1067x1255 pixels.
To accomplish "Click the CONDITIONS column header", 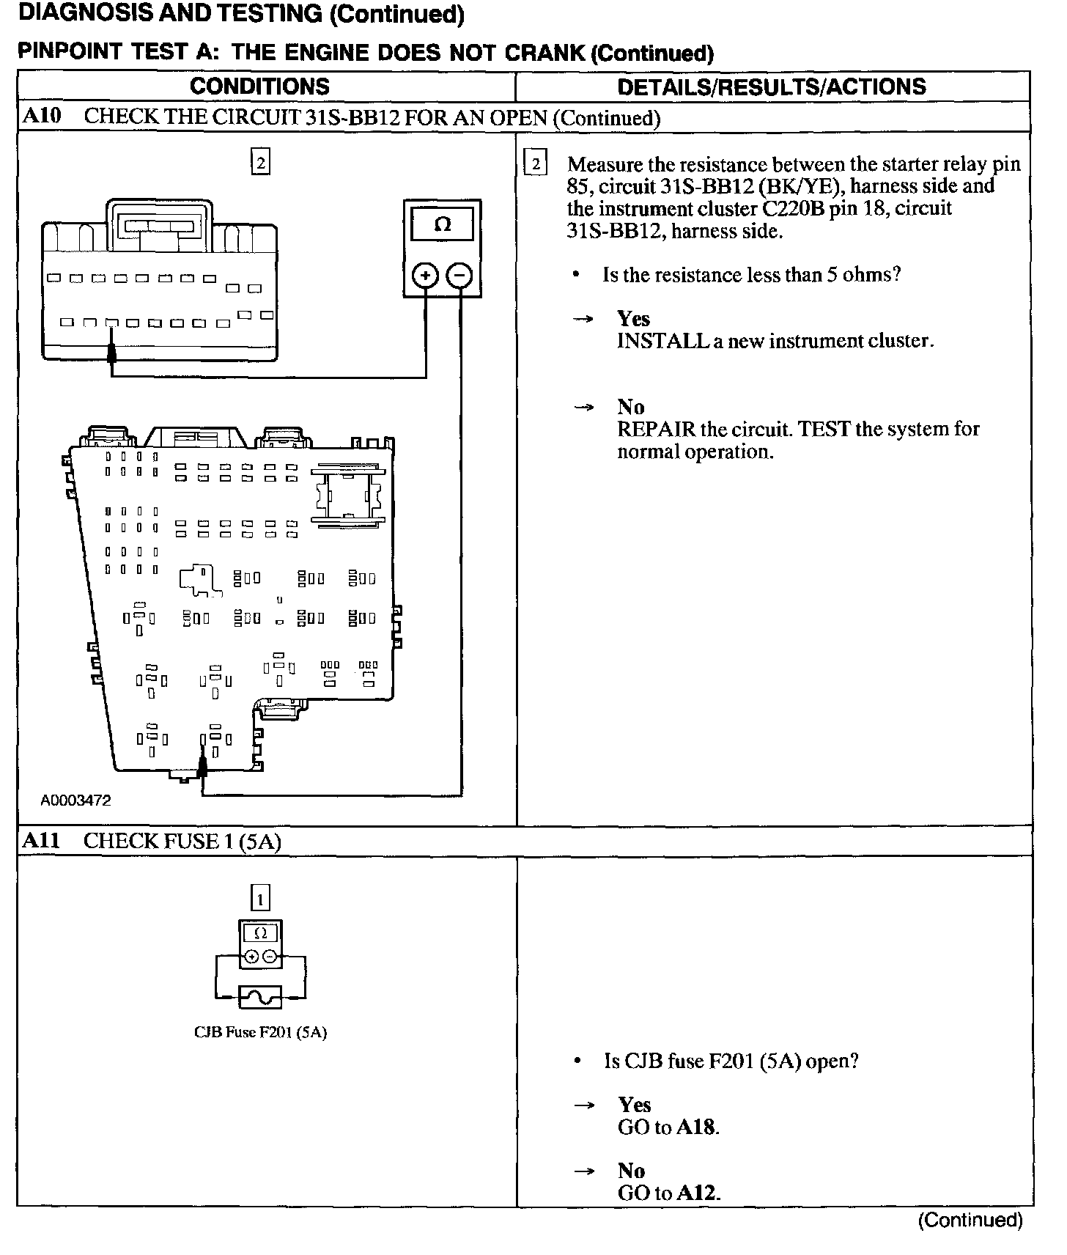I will pos(259,87).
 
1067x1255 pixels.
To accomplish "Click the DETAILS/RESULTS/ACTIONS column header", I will pos(772,87).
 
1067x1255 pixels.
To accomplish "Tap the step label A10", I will pos(42,117).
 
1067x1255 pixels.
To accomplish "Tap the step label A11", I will pos(41,840).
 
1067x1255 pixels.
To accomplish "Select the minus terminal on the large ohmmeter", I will pos(460,276).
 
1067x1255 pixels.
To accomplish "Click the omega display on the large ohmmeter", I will pos(443,224).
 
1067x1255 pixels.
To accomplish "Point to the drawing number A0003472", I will pos(75,801).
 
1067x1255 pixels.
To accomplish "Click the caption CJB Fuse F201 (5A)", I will pos(260,1032).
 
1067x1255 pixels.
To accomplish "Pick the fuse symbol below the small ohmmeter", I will pos(260,997).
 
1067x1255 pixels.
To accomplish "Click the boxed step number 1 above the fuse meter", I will pos(260,898).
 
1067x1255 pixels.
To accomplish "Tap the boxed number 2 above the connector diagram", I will pos(260,162).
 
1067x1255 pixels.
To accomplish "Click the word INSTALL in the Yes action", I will pos(662,341).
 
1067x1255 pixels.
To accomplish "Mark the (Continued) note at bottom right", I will pos(970,1220).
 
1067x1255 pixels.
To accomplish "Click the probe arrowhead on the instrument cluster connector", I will pos(111,354).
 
